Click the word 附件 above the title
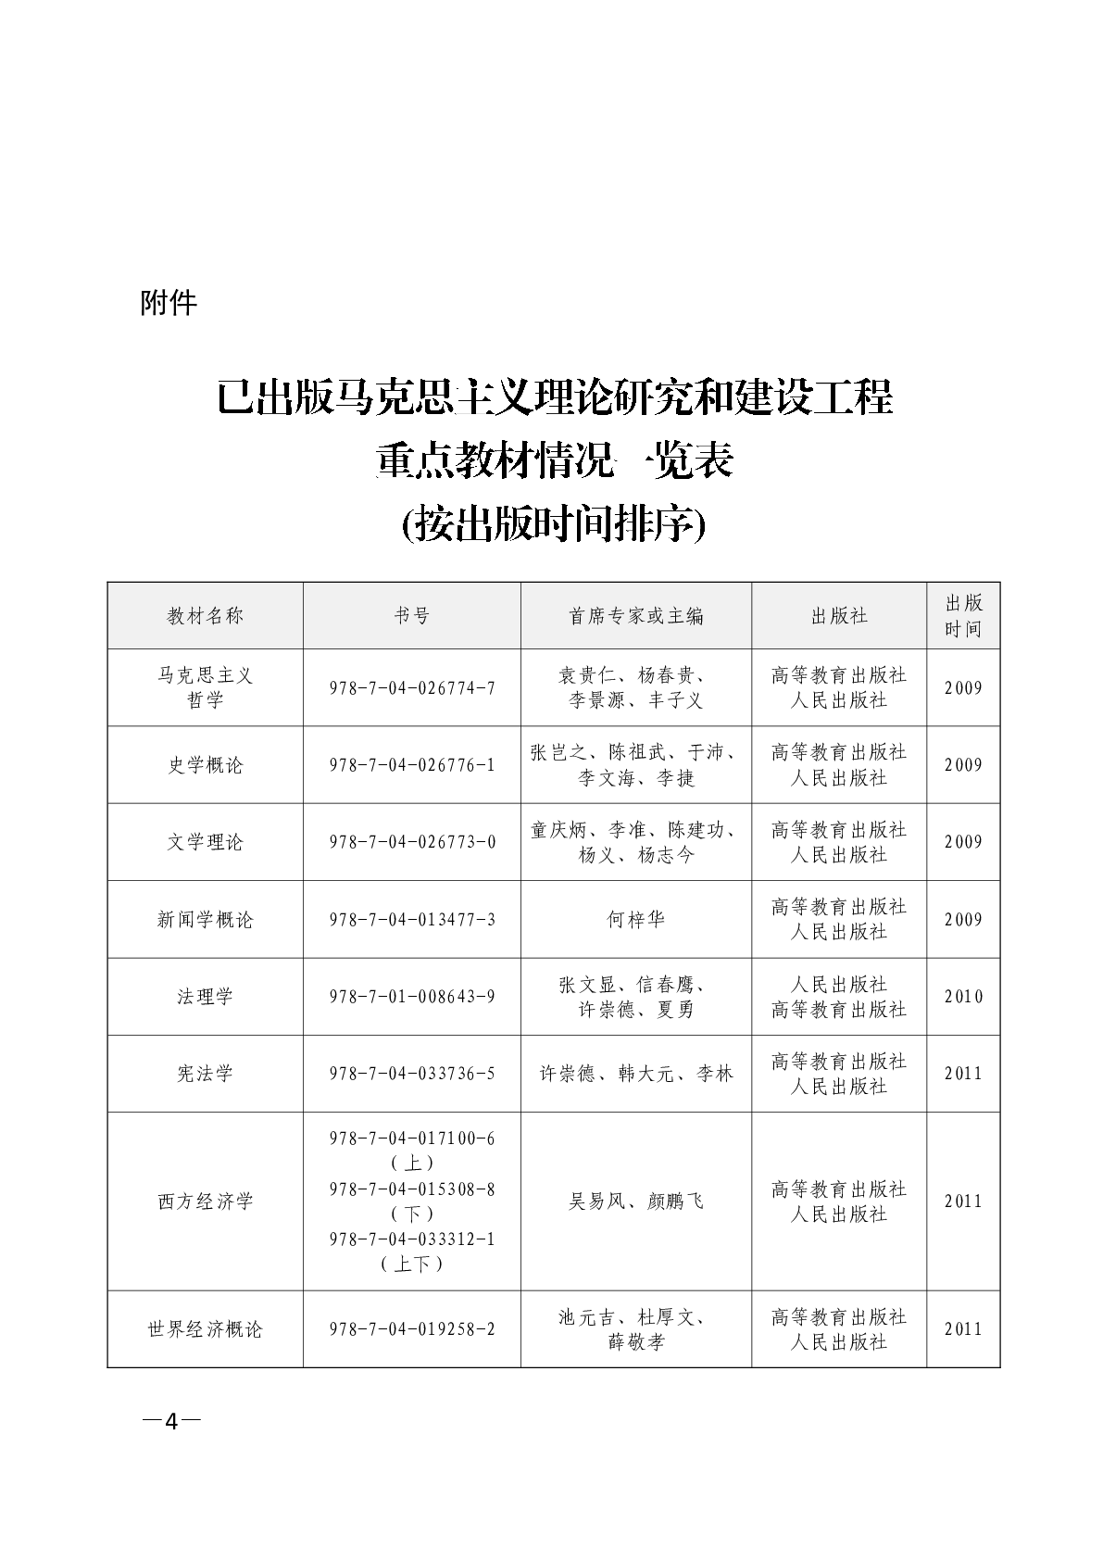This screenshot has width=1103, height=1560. click(x=169, y=302)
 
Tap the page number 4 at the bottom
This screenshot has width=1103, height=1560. click(x=171, y=1422)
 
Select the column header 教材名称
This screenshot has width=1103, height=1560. click(x=206, y=616)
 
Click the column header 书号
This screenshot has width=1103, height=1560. click(x=412, y=616)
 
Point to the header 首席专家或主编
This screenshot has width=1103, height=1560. click(x=636, y=616)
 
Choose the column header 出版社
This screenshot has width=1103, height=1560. click(x=839, y=616)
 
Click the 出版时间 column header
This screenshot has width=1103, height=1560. click(x=963, y=616)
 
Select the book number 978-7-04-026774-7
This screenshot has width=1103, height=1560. click(x=412, y=688)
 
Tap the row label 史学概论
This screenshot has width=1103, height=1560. click(x=206, y=765)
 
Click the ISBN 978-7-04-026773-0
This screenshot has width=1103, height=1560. click(x=412, y=842)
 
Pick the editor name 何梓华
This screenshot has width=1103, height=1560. click(x=636, y=920)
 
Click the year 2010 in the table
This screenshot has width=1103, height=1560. click(x=963, y=997)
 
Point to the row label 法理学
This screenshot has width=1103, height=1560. click(x=206, y=997)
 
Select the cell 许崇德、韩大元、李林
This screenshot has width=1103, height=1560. click(x=636, y=1074)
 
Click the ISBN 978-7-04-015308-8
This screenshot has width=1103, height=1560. click(x=412, y=1189)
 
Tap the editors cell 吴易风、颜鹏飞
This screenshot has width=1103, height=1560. click(x=636, y=1201)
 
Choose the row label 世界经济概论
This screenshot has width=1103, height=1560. click(x=206, y=1329)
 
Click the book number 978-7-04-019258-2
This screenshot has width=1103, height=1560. click(x=412, y=1329)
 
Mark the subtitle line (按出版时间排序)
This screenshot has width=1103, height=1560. click(x=554, y=524)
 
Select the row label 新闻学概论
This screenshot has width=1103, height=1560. click(x=206, y=920)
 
